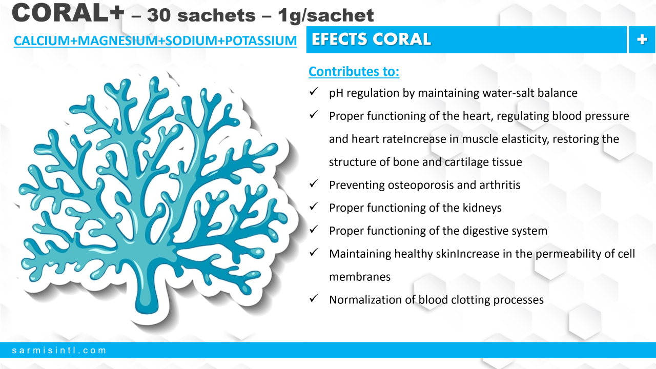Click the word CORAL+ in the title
pos(68,13)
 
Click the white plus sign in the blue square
pos(642,39)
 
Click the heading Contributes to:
pos(354,71)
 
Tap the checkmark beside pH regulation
pos(314,92)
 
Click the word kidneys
pos(482,208)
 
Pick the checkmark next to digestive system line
pos(314,229)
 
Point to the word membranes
pos(360,277)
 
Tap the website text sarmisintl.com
pos(59,350)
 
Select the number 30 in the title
pos(159,15)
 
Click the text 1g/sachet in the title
pos(325,15)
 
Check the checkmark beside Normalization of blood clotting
pos(314,298)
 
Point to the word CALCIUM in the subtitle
pos(42,40)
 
